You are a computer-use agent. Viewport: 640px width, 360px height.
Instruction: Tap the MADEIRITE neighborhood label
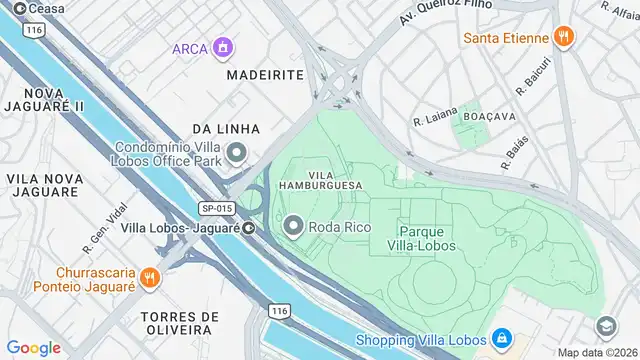tap(264, 74)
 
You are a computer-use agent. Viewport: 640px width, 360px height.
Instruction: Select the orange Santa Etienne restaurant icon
tap(564, 39)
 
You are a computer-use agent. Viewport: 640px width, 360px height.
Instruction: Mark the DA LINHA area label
tap(226, 129)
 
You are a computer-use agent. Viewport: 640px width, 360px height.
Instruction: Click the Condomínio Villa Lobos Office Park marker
tap(237, 153)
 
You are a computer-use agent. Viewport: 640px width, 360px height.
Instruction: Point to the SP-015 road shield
tap(216, 208)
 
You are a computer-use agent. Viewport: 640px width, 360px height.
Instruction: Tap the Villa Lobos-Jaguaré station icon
tap(247, 227)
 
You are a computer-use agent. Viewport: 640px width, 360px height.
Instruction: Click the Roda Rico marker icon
tap(293, 227)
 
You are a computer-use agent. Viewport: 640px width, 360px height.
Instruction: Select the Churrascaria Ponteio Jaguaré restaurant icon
tap(149, 275)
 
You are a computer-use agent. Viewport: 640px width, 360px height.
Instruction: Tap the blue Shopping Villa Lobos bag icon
tap(501, 338)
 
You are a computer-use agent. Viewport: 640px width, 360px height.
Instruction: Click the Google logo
tap(34, 347)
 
